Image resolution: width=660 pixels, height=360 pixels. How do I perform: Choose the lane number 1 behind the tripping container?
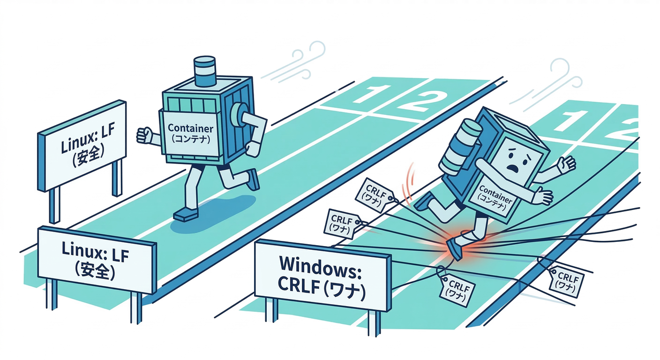tap(567, 120)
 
